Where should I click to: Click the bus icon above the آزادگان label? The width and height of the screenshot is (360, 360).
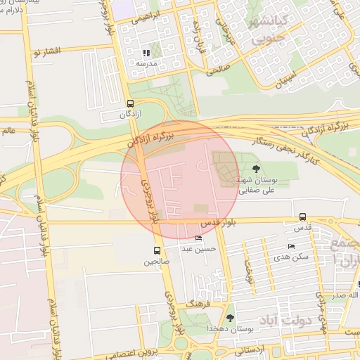130,103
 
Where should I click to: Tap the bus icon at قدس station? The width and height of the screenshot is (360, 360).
302,217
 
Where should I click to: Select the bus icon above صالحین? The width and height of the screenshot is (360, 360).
157,250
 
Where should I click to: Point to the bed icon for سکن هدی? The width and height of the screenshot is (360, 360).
291,246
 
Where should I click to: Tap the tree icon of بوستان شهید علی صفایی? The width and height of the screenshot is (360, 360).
255,168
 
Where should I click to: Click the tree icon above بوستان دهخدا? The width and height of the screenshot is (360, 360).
230,318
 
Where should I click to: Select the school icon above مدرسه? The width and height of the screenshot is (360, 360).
146,53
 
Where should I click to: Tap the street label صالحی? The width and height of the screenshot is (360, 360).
218,70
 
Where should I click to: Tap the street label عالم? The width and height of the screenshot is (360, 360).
8,129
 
